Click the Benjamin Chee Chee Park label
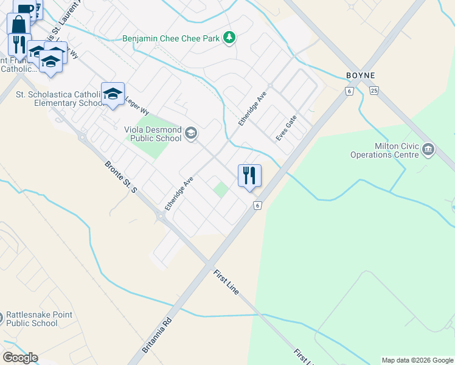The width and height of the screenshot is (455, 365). (170, 38)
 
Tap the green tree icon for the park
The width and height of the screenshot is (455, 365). (229, 38)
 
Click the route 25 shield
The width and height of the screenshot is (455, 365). (373, 91)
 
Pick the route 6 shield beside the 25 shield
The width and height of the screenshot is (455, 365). (349, 91)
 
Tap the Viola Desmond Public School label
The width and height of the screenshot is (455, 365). (153, 134)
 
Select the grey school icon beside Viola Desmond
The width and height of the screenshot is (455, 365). (191, 133)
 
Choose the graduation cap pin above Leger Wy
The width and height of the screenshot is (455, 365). (113, 94)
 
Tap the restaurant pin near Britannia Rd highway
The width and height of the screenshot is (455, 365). (249, 175)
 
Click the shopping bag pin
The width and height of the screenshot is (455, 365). (19, 25)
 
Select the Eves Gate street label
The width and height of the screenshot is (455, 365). (286, 128)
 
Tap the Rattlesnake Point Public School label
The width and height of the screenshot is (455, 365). (39, 319)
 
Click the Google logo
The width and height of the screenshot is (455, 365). (20, 358)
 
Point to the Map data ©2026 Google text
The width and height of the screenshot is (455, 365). (417, 360)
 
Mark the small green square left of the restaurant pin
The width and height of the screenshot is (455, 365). (221, 190)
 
